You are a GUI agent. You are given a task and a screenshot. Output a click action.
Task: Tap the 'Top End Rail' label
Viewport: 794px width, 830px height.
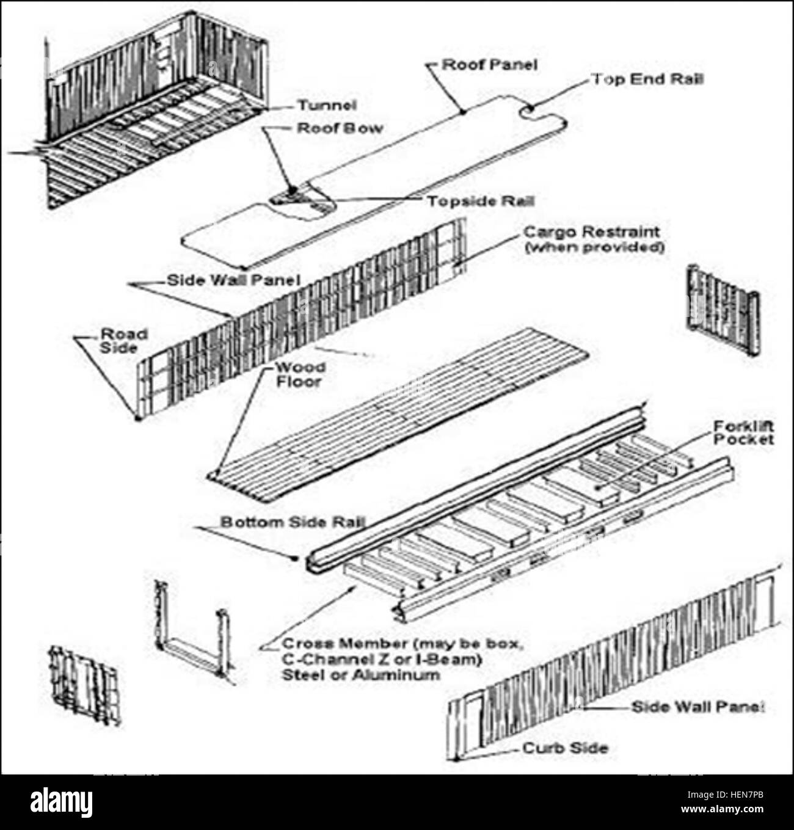tap(646, 79)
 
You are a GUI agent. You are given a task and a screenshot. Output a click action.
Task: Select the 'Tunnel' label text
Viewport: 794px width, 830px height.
tap(326, 105)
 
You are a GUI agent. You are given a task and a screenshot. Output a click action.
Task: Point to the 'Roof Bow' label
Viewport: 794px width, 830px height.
tap(340, 128)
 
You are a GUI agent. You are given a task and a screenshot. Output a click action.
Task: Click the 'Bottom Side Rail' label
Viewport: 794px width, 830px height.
tap(293, 522)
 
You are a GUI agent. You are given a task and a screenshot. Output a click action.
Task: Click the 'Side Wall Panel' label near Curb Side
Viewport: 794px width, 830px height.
tap(697, 707)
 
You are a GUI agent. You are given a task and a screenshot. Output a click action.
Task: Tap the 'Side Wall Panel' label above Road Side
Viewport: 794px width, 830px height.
tap(233, 280)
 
